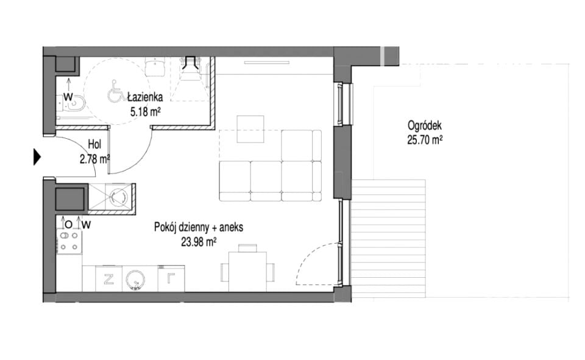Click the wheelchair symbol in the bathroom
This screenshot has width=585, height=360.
[115, 92]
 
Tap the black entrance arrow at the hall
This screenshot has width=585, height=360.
[37, 157]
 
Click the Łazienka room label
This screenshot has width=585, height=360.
[145, 97]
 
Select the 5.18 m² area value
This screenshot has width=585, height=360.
[145, 111]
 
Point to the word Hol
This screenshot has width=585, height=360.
[95, 144]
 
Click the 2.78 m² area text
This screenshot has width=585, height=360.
[95, 160]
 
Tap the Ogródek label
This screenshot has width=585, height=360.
[425, 125]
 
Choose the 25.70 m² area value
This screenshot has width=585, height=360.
[425, 140]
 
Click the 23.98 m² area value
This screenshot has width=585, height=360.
[199, 242]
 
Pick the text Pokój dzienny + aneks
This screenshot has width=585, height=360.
[199, 227]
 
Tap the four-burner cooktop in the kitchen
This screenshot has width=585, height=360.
[69, 241]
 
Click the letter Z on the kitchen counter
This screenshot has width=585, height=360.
[108, 278]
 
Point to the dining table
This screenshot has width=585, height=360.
[248, 272]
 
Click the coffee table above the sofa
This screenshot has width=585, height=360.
[250, 129]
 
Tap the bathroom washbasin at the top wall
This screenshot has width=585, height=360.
[155, 66]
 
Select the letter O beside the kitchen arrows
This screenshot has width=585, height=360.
[68, 225]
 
